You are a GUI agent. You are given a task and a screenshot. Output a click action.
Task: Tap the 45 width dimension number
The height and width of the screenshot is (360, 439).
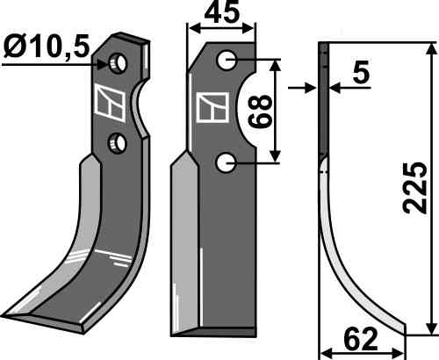tap(222, 13)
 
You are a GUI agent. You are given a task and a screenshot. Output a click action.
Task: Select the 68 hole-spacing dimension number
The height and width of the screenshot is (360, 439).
tap(260, 112)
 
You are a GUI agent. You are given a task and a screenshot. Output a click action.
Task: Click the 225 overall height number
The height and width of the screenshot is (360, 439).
tap(414, 187)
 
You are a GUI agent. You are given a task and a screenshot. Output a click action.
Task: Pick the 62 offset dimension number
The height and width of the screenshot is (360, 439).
tap(361, 340)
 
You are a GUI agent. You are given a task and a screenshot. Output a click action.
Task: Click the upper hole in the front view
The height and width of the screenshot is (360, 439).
tap(227, 60)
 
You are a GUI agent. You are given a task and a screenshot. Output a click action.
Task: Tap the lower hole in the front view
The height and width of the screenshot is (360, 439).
tap(227, 162)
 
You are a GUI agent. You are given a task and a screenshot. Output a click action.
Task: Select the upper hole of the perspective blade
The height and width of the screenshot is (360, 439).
tap(118, 63)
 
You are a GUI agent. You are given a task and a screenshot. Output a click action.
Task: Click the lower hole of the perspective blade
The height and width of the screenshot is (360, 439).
tap(118, 142)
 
